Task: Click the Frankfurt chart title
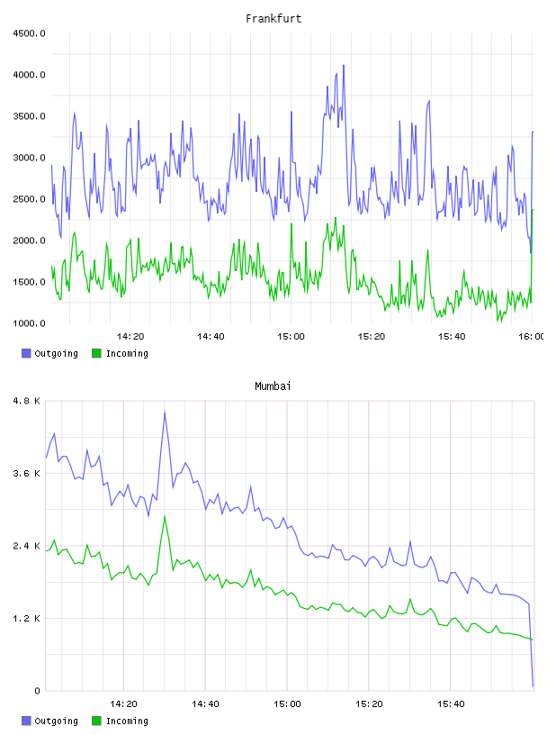[x=273, y=19]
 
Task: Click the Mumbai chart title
[x=273, y=386]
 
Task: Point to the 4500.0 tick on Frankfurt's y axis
[x=29, y=33]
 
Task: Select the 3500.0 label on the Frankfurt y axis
[x=29, y=116]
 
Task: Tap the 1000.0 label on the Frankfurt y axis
[x=29, y=323]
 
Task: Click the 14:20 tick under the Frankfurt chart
[x=130, y=337]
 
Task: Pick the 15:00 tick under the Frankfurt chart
[x=291, y=337]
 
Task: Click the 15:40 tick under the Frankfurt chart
[x=452, y=337]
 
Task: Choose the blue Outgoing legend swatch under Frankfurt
[x=26, y=353]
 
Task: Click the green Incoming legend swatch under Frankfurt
[x=96, y=353]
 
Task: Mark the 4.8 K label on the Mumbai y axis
[x=27, y=401]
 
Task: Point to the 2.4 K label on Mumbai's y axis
[x=27, y=546]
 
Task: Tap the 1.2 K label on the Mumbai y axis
[x=27, y=619]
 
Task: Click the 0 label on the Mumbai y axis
[x=38, y=691]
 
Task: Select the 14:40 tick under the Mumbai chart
[x=205, y=704]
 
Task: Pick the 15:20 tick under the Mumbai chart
[x=369, y=704]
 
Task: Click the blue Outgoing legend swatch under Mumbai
[x=26, y=721]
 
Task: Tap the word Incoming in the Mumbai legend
[x=127, y=721]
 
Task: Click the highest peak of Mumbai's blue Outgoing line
[x=165, y=412]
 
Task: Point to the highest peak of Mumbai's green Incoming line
[x=165, y=516]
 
